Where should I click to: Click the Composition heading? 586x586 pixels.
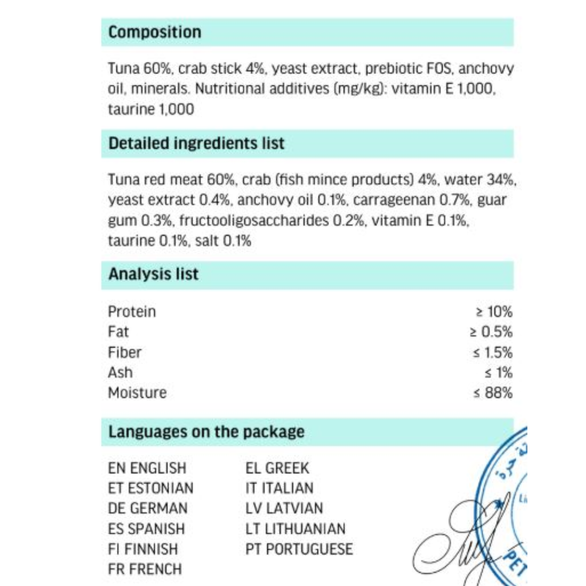coord(155,32)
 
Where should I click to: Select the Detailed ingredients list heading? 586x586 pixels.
coord(196,143)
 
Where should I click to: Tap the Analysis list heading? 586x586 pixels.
coord(153,274)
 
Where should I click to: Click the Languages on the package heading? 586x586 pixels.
coord(206,432)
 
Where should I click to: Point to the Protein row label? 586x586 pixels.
coord(132,312)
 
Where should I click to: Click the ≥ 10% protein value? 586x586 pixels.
coord(494,312)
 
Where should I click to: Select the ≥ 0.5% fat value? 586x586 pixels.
coord(491,332)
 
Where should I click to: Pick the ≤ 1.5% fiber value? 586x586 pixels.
coord(493,352)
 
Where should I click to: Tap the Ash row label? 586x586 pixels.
coord(120,372)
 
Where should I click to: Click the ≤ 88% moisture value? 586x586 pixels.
coord(493,392)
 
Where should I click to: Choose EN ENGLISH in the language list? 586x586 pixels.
coord(147,468)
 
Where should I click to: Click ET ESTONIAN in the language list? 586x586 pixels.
coord(150,488)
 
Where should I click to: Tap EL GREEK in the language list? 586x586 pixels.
coord(277,468)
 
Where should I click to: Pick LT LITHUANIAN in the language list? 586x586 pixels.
coord(295,529)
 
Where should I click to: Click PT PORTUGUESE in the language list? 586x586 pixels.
coord(299,549)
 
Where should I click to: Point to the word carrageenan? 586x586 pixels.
coord(394,200)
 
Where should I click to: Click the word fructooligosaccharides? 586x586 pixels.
coord(254,220)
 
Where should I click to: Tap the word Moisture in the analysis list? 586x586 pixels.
coord(137,392)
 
